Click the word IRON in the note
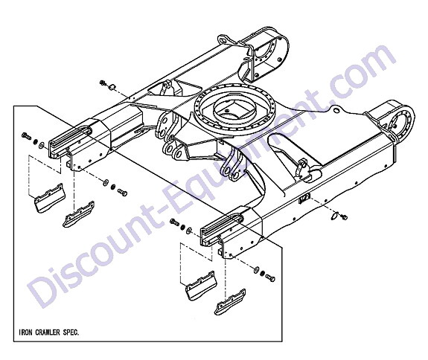click(25, 332)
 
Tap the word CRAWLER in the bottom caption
click(48, 332)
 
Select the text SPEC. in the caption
click(71, 332)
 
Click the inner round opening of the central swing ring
click(234, 109)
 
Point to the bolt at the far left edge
click(25, 135)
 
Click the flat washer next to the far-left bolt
click(42, 145)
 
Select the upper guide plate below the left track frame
click(49, 197)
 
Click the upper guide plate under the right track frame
click(201, 286)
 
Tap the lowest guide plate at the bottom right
click(230, 302)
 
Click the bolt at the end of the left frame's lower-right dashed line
click(123, 192)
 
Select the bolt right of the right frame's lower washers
click(270, 277)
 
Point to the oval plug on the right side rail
click(334, 216)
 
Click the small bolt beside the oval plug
click(344, 217)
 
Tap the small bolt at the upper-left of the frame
click(103, 83)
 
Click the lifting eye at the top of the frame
click(223, 39)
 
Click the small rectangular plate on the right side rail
click(304, 199)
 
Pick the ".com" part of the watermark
click(360, 71)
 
